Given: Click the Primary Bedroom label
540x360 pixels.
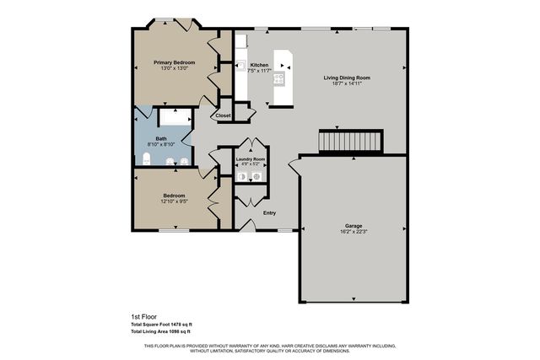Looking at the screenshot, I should [175, 62].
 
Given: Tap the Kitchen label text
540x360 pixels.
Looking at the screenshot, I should [259, 65].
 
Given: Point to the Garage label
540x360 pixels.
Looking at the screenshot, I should [354, 226].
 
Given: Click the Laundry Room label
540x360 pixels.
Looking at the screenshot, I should [251, 159].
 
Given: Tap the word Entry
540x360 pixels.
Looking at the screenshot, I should [269, 213].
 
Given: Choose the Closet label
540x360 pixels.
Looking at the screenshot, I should [223, 116].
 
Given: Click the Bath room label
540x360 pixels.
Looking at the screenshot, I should [161, 138].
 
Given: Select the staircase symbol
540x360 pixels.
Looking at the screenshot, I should [350, 142].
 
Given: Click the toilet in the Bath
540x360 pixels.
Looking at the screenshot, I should [145, 159].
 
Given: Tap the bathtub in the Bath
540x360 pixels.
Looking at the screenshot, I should [172, 117].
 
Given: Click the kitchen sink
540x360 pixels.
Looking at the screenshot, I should [240, 65].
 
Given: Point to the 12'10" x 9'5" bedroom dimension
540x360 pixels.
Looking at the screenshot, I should [174, 202].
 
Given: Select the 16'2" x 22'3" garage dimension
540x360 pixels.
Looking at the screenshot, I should [354, 232].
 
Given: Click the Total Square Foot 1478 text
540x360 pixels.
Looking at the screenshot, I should [161, 325].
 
